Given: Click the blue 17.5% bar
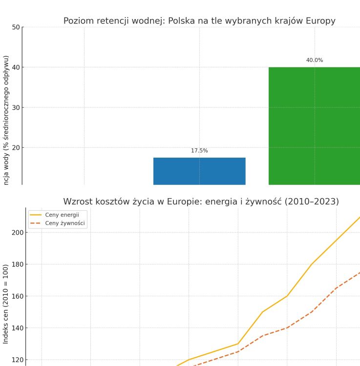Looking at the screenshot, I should (x=199, y=171).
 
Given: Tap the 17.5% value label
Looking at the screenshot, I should (x=199, y=151).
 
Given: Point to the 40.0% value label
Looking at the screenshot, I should (x=315, y=61).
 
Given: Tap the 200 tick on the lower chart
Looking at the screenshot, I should (x=17, y=232).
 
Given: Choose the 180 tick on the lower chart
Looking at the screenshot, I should (x=17, y=264).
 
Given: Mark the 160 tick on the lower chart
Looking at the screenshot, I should (x=17, y=296).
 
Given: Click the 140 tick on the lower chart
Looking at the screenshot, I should (x=17, y=328).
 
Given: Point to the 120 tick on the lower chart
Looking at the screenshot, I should (x=17, y=360).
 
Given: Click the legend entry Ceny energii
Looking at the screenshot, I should (x=62, y=215).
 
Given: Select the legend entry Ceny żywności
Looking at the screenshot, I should (x=65, y=224).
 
